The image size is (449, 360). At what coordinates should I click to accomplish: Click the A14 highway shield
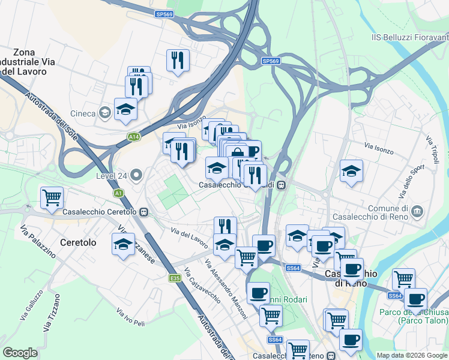(134, 137)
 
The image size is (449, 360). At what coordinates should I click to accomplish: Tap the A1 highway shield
(119, 193)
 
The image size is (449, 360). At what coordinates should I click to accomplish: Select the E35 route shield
(175, 278)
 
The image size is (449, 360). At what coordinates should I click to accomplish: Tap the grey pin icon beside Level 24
(136, 176)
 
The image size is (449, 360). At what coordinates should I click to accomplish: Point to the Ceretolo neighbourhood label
(78, 243)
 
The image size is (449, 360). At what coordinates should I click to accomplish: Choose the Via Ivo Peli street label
(131, 319)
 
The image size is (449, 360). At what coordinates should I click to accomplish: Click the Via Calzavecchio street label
(202, 283)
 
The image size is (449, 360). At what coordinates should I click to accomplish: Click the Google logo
(20, 353)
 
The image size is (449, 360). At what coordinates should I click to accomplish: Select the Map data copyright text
(412, 355)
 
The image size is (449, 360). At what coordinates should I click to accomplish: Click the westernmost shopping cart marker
(52, 197)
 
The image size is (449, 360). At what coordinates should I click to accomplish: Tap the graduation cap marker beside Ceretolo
(123, 245)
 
